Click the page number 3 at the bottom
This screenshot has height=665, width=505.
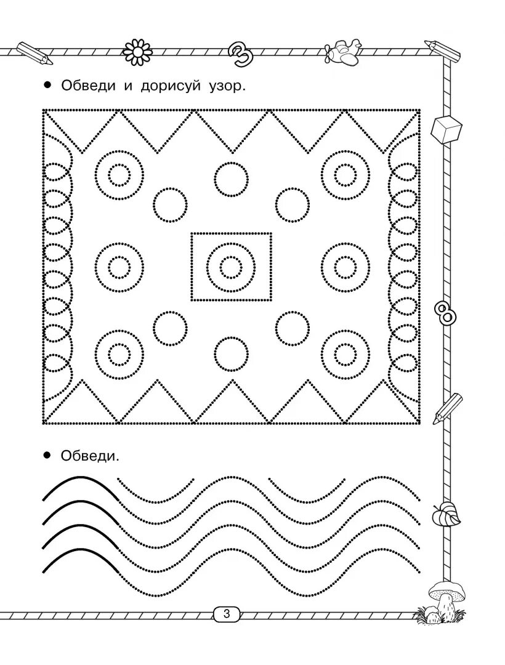(x=227, y=614)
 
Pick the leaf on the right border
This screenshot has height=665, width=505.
(x=447, y=514)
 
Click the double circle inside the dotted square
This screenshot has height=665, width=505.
(x=231, y=267)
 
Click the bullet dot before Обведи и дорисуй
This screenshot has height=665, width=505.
(x=47, y=86)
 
